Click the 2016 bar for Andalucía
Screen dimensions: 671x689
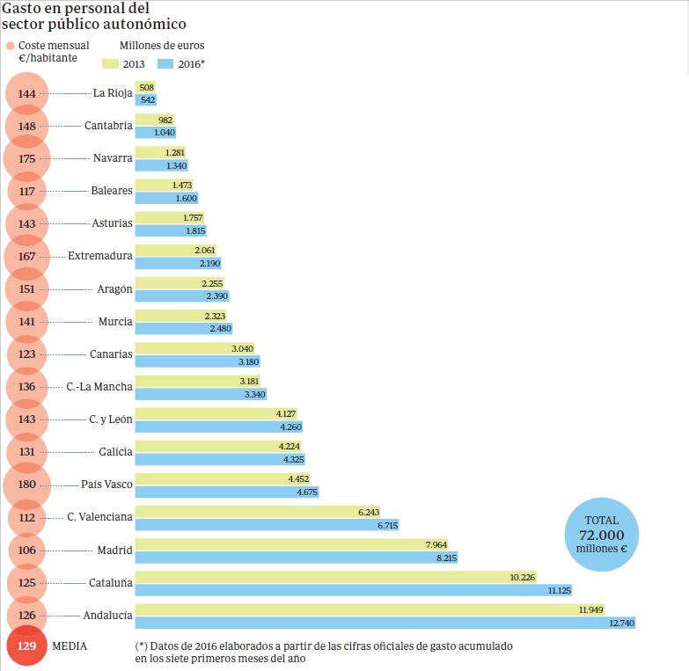[x=385, y=623]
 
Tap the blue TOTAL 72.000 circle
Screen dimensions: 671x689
[x=601, y=535]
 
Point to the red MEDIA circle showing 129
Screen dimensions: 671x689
[x=26, y=646]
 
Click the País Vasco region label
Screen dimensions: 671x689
[x=106, y=485]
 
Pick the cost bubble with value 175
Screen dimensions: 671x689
[x=26, y=158]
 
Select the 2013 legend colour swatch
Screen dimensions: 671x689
[x=111, y=63]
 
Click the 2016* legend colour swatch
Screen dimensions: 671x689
[x=165, y=63]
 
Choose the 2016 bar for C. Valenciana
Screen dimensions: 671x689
[x=268, y=525]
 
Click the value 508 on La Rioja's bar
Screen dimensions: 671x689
[x=147, y=87]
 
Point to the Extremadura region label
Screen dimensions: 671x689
[x=100, y=256]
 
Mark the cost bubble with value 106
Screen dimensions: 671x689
[x=26, y=550]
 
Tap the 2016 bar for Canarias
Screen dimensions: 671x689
[x=197, y=361]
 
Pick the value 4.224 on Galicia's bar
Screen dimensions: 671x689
[x=290, y=446]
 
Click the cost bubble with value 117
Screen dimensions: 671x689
[x=26, y=191]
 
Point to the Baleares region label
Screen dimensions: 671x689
[x=112, y=191]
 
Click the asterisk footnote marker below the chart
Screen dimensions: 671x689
[x=141, y=646]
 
